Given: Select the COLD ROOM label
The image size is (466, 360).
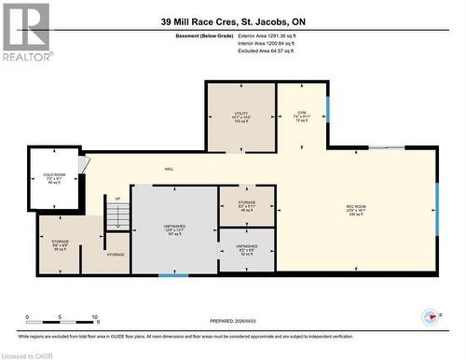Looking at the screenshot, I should click(x=53, y=177).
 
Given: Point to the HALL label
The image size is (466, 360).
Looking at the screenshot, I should click(x=169, y=169).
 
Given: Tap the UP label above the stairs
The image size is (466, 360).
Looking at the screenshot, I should click(x=117, y=199).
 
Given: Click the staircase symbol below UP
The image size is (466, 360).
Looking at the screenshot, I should click(x=117, y=217).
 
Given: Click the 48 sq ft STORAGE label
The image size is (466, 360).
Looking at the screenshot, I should click(x=246, y=205).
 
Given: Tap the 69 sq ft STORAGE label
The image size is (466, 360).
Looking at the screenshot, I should click(x=60, y=245).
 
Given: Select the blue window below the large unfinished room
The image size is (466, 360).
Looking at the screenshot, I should click(x=173, y=274).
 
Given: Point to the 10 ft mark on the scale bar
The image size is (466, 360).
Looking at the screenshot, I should click(x=95, y=318).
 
